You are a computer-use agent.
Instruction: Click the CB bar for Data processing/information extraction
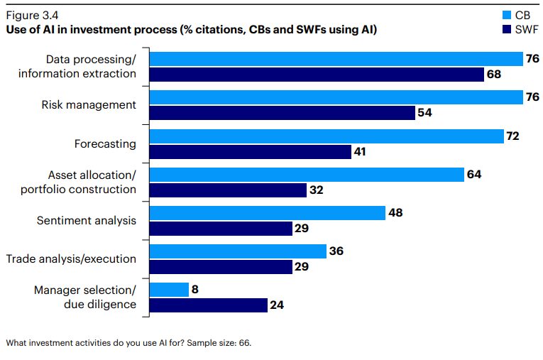[334, 58]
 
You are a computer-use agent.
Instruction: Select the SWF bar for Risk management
[281, 113]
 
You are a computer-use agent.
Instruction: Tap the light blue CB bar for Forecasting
[326, 135]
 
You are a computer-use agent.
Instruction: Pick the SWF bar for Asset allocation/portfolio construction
[228, 190]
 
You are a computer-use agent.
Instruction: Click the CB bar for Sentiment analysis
[267, 212]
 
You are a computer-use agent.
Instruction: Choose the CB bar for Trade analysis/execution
[238, 251]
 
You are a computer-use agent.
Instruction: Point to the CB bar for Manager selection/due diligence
[169, 289]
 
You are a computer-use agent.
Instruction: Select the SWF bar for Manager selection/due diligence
[208, 305]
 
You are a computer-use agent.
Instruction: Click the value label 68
[494, 75]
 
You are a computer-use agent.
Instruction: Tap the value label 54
[425, 113]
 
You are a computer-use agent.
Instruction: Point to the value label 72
[513, 135]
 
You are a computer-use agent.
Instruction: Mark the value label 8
[196, 289]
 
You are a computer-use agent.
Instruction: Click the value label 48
[396, 212]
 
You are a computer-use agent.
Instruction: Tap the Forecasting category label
[105, 143]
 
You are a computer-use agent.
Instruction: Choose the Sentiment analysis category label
[86, 220]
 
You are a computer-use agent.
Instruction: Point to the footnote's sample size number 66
[243, 343]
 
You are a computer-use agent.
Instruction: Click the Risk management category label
[89, 104]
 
